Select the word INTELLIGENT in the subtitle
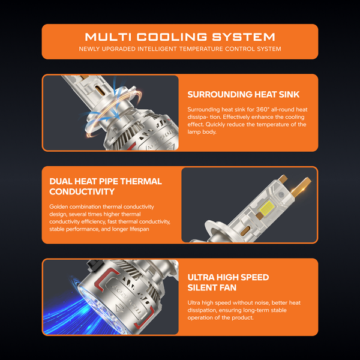coord(157,49)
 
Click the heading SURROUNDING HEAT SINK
coord(244,94)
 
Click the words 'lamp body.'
coord(202,132)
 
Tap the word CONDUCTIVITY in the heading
coord(82,192)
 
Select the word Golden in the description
coord(59,206)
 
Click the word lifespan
coord(139,229)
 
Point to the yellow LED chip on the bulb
coord(266,208)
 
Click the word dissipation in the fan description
coord(202,310)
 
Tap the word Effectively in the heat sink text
coord(236,117)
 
